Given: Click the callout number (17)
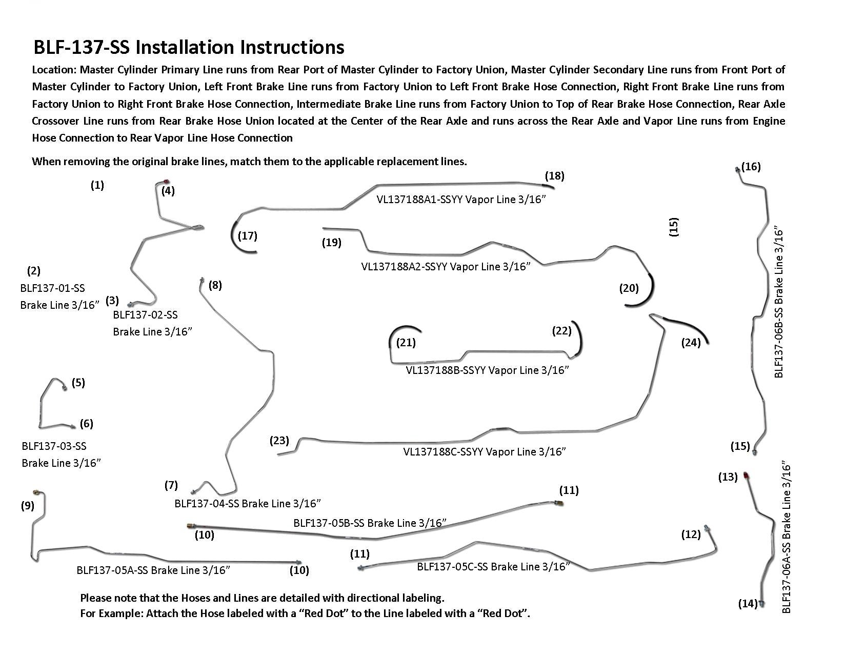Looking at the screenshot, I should [248, 236].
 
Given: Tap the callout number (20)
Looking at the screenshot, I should [629, 288].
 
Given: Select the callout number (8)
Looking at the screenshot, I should [215, 285].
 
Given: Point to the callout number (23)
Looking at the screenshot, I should [279, 441].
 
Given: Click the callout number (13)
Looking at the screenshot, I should [728, 477].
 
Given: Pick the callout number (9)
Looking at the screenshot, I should [28, 506].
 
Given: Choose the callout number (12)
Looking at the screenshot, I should [691, 534].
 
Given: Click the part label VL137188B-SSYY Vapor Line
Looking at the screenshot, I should [487, 370].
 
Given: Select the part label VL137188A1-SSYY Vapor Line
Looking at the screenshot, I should [460, 200].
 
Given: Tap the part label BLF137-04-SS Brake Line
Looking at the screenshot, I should [248, 504].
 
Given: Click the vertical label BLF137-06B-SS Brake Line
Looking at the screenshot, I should [779, 303].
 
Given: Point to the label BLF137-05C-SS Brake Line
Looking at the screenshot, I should [493, 567].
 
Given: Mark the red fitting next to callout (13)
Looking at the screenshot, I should [744, 475].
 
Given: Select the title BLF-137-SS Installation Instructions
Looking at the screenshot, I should [189, 47].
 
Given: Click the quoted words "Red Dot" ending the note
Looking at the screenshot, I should [501, 613].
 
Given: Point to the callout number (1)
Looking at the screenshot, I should [97, 185].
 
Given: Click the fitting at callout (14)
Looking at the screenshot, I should [761, 604].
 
